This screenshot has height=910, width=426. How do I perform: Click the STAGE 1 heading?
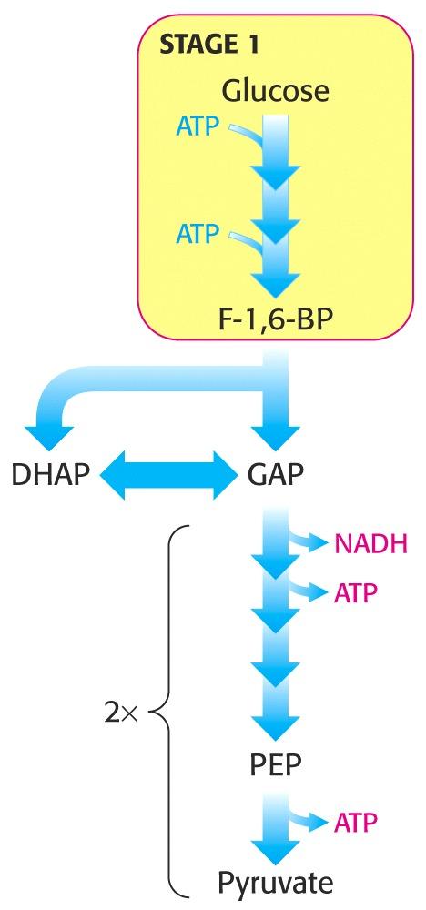pos(208,45)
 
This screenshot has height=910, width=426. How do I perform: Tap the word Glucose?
pos(276,91)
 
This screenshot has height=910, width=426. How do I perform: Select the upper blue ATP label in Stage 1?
pos(198,126)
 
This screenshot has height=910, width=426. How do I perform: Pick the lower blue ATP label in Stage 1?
pos(198,235)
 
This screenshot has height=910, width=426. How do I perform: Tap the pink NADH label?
pos(371,544)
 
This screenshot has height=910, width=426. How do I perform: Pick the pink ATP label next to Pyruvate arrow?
pos(356,821)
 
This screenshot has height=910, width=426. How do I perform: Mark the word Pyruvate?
pos(276,884)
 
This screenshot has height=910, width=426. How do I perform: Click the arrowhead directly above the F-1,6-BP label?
pos(276,283)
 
